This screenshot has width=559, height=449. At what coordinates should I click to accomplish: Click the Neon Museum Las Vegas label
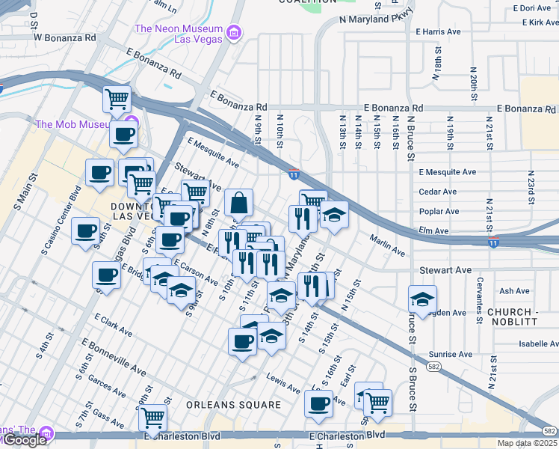pos(179,34)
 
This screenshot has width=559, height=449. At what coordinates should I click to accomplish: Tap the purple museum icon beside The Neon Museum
pos(235,32)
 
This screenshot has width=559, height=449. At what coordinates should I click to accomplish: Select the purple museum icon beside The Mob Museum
pos(132,123)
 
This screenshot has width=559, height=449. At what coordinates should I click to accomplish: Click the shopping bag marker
pos(238,202)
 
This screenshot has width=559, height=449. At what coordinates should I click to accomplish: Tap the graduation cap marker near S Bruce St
pos(422,299)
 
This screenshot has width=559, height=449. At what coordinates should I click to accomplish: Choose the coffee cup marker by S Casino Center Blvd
pos(86,230)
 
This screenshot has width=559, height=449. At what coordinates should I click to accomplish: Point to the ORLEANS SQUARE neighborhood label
pos(234,405)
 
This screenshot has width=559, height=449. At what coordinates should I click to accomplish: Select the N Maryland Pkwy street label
pos(375,19)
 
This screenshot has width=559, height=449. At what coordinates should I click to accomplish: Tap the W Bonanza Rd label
pos(64,37)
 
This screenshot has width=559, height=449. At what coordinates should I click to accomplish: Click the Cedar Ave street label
pos(439,192)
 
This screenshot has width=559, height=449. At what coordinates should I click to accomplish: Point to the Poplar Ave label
pos(439,212)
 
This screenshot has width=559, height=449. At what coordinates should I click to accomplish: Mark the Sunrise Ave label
pos(451,354)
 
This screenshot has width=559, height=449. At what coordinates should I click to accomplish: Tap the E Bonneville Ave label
pos(114,357)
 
